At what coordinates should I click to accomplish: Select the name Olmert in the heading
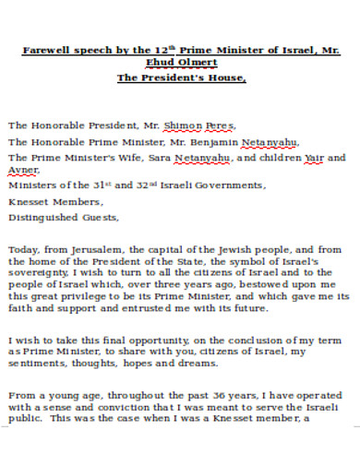pyautogui.click(x=196, y=63)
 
